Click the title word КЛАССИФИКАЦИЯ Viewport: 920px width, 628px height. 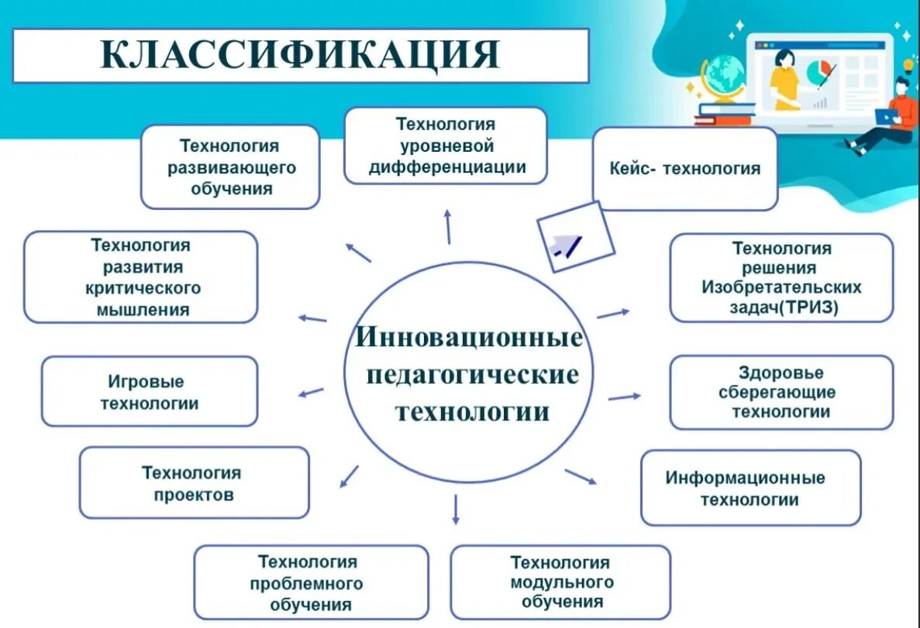pyautogui.click(x=301, y=55)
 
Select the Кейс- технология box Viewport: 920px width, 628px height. pyautogui.click(x=684, y=169)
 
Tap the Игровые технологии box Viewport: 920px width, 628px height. pyautogui.click(x=149, y=392)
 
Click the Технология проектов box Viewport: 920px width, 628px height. pyautogui.click(x=194, y=483)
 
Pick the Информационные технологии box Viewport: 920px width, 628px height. pyautogui.click(x=749, y=488)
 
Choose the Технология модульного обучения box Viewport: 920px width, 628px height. pyautogui.click(x=560, y=582)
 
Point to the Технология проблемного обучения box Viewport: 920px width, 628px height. pyautogui.click(x=310, y=583)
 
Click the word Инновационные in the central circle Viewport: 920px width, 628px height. pyautogui.click(x=469, y=338)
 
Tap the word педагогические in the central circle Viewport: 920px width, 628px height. pyautogui.click(x=473, y=375)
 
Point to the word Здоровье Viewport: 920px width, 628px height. pyautogui.click(x=780, y=373)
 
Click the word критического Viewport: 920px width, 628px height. pyautogui.click(x=143, y=288)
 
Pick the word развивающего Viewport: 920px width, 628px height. pyautogui.click(x=231, y=167)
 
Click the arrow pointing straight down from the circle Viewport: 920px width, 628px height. pyautogui.click(x=456, y=509)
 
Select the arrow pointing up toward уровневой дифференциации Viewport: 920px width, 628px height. pyautogui.click(x=448, y=225)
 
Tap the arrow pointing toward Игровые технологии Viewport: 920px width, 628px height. pyautogui.click(x=311, y=393)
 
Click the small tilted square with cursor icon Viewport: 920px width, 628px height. pyautogui.click(x=575, y=237)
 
